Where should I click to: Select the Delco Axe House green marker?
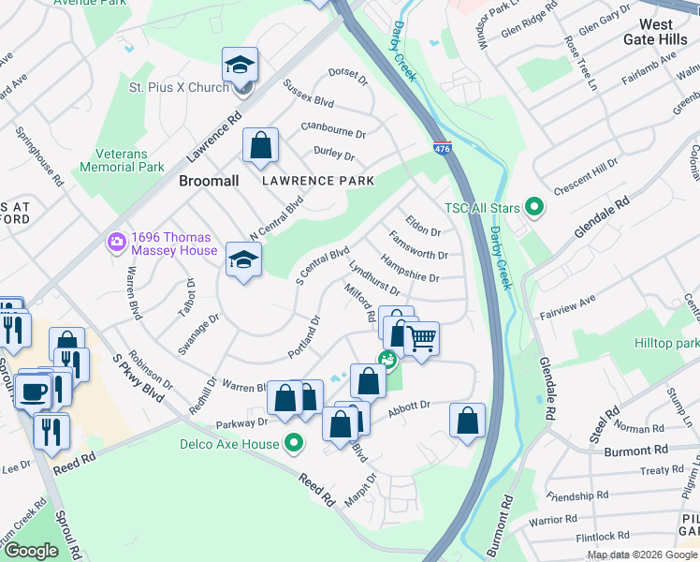pos(295,444)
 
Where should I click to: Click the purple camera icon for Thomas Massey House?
pos(117,244)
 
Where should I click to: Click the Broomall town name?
pos(209,180)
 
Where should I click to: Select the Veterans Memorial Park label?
pos(129,160)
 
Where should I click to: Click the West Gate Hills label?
pos(668,31)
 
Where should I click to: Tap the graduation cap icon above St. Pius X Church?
pos(240,65)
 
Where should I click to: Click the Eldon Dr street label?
pos(422,229)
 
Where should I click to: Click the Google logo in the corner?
pos(31,551)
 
